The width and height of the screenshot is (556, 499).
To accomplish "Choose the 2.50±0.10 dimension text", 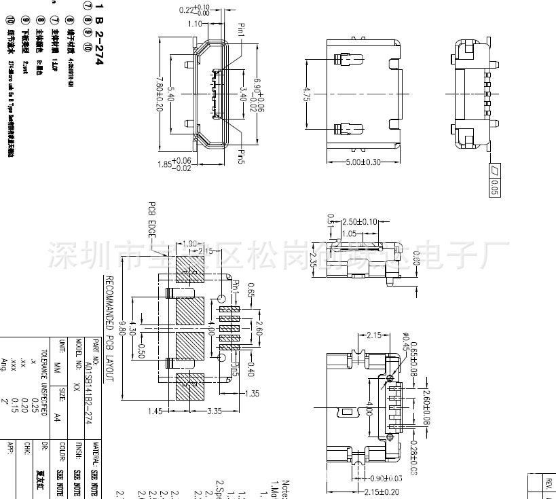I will [360, 222].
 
